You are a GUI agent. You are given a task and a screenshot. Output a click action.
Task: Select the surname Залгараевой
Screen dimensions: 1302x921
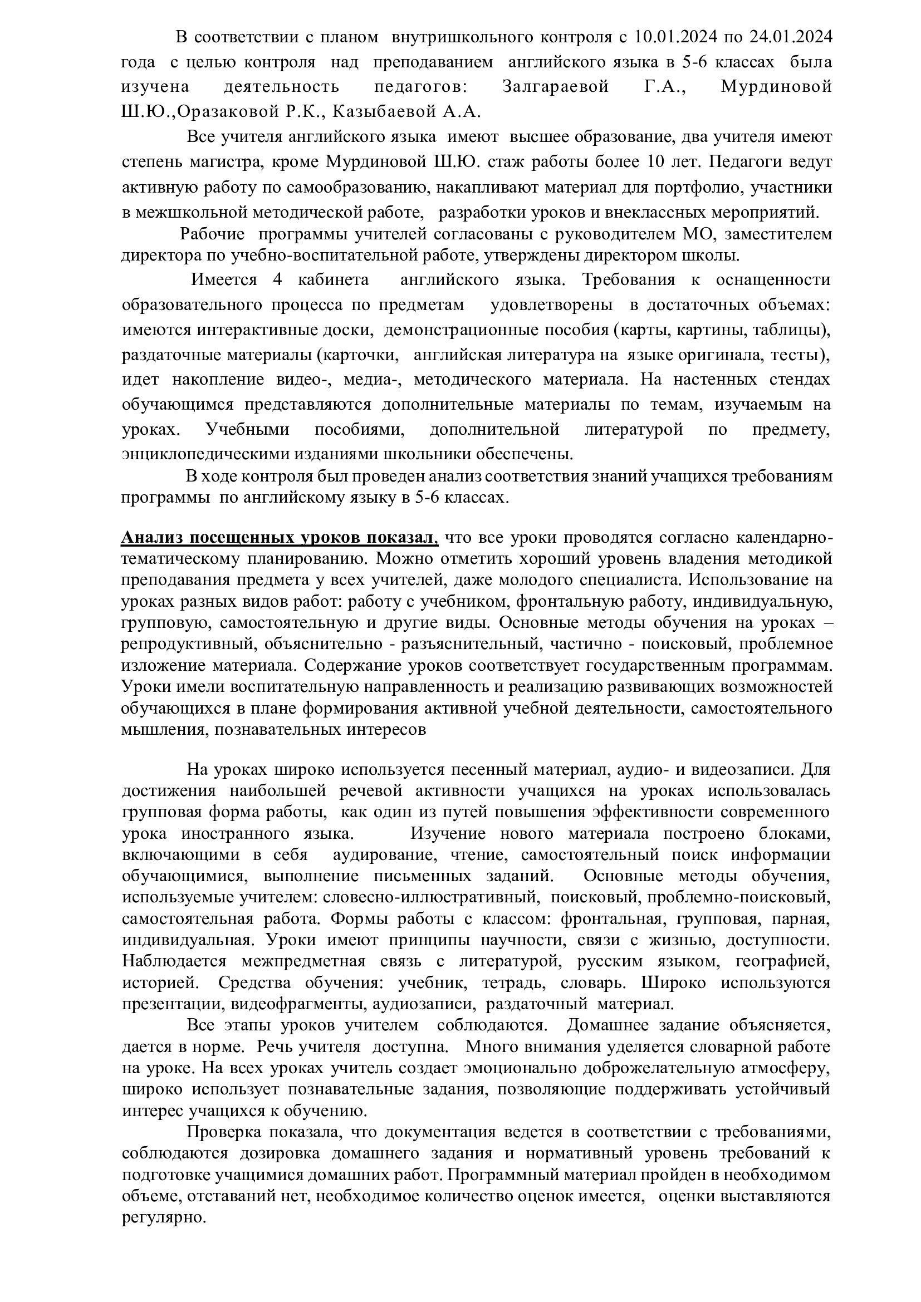pos(556,87)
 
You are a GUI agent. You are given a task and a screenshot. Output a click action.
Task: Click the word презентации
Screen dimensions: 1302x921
pos(165,1004)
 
